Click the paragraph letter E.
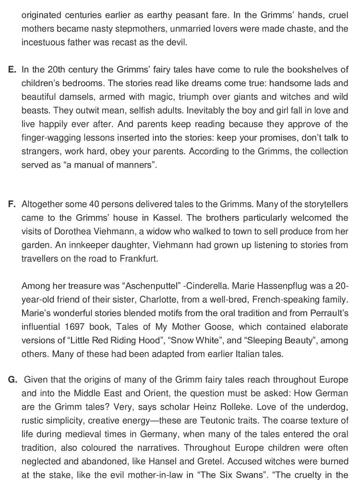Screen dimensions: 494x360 [x=12, y=70]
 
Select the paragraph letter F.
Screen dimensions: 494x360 [x=12, y=205]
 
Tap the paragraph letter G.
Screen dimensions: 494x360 [x=12, y=380]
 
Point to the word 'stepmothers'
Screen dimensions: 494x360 [x=132, y=28]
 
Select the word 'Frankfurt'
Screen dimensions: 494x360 [x=135, y=258]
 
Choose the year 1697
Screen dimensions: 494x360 [x=75, y=327]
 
